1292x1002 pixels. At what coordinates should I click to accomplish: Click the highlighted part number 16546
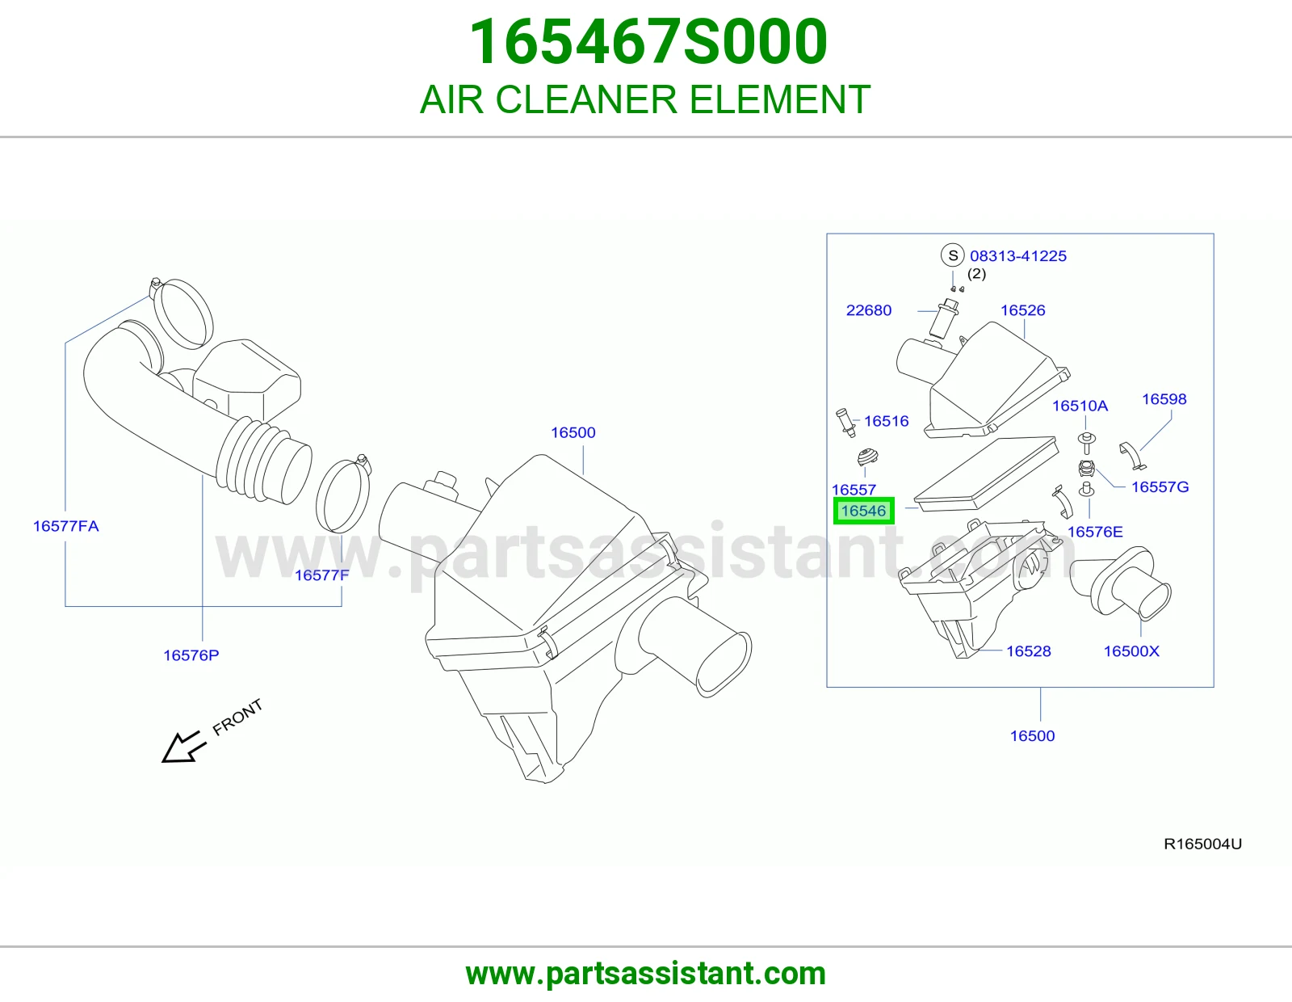click(x=863, y=512)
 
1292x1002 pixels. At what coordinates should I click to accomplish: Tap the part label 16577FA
click(x=66, y=526)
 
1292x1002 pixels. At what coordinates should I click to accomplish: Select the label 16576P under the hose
click(x=191, y=655)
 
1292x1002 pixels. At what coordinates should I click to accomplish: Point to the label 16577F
click(x=321, y=575)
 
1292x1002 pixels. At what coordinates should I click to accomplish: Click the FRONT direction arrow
click(x=183, y=746)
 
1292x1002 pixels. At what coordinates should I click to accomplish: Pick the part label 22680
click(x=869, y=310)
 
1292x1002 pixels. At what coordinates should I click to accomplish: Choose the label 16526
click(x=1022, y=310)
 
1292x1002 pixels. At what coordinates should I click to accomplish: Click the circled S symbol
click(x=953, y=255)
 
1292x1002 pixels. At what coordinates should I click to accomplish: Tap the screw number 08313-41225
click(x=1018, y=256)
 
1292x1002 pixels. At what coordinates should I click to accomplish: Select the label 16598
click(x=1164, y=398)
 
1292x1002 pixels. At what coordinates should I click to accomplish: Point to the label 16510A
click(x=1080, y=406)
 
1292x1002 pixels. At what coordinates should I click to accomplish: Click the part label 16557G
click(x=1160, y=486)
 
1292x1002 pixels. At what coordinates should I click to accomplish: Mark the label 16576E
click(x=1095, y=532)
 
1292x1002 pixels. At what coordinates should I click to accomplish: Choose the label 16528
click(x=1029, y=651)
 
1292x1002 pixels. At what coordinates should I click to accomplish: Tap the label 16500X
click(x=1131, y=651)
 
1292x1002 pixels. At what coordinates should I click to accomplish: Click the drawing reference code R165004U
click(x=1203, y=844)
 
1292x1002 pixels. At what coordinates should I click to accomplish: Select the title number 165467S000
click(x=648, y=41)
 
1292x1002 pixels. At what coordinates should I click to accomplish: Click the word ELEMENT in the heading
click(x=780, y=99)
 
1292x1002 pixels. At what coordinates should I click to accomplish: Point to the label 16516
click(x=886, y=421)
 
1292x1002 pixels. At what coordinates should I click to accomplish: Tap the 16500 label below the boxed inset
click(x=1032, y=735)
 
